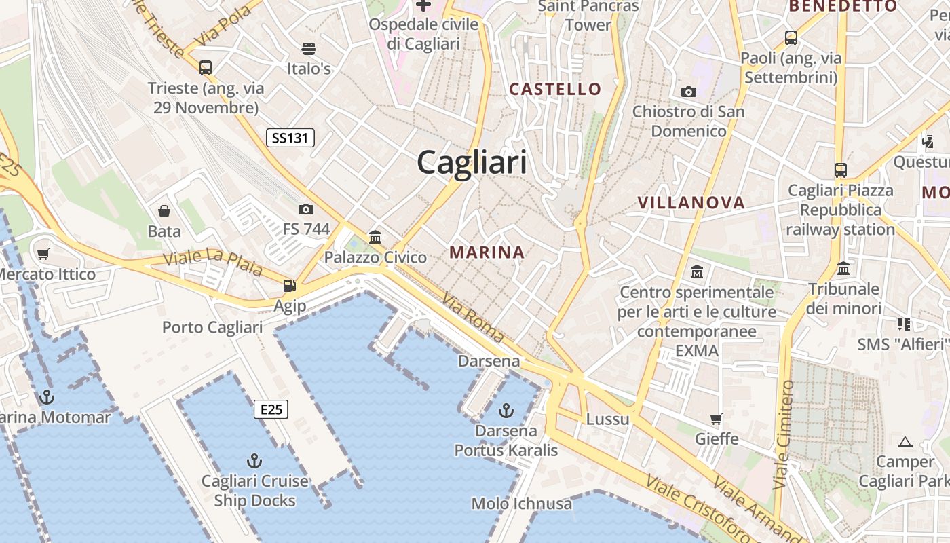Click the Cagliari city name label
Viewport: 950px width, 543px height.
pyautogui.click(x=472, y=163)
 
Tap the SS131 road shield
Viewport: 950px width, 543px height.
pyautogui.click(x=290, y=138)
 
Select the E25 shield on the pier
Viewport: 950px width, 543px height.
pyautogui.click(x=271, y=409)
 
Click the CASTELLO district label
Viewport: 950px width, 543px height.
pyautogui.click(x=555, y=89)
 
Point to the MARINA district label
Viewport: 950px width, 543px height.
pyautogui.click(x=487, y=252)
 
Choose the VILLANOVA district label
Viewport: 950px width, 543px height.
pyautogui.click(x=691, y=202)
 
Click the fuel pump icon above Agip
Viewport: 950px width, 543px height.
pyautogui.click(x=290, y=286)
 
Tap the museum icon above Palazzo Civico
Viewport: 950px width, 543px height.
pyautogui.click(x=375, y=237)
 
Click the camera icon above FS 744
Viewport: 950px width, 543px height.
pyautogui.click(x=306, y=209)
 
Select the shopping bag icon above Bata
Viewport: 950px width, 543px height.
pyautogui.click(x=164, y=211)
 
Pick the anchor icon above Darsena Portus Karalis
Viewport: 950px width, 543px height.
pyautogui.click(x=506, y=410)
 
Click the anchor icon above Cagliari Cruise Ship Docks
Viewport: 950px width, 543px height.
pyautogui.click(x=254, y=462)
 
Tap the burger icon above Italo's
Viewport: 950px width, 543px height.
pyautogui.click(x=309, y=49)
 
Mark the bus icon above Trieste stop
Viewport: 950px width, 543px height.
pyautogui.click(x=206, y=68)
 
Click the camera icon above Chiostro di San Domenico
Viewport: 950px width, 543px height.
pyautogui.click(x=689, y=92)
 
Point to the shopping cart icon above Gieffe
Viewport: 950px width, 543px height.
pyautogui.click(x=717, y=419)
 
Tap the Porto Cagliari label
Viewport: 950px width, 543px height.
pyautogui.click(x=212, y=327)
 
